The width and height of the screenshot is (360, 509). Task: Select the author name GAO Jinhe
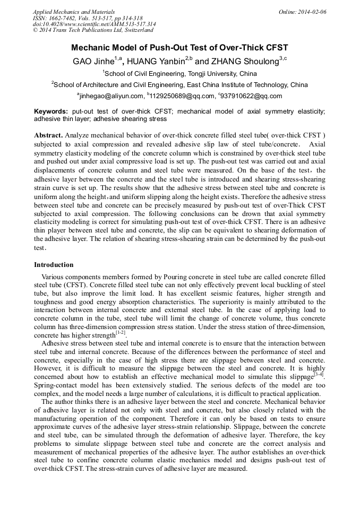(x=93, y=61)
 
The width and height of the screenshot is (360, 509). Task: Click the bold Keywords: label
(x=51, y=111)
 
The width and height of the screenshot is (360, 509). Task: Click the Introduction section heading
(x=54, y=265)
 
